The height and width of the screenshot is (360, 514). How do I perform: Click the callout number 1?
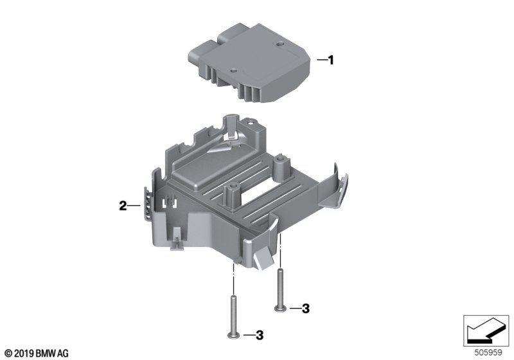pyautogui.click(x=331, y=60)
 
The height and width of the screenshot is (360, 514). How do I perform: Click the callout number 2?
pyautogui.click(x=123, y=206)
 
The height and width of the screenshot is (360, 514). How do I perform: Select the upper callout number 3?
pyautogui.click(x=306, y=309)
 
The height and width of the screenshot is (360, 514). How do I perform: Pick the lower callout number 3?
pyautogui.click(x=260, y=335)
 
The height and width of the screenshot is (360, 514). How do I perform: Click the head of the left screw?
pyautogui.click(x=233, y=335)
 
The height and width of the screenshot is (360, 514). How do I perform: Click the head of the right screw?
pyautogui.click(x=280, y=308)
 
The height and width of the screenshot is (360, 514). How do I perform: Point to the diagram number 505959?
pyautogui.click(x=488, y=353)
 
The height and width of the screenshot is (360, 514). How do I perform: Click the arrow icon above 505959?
pyautogui.click(x=486, y=330)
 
